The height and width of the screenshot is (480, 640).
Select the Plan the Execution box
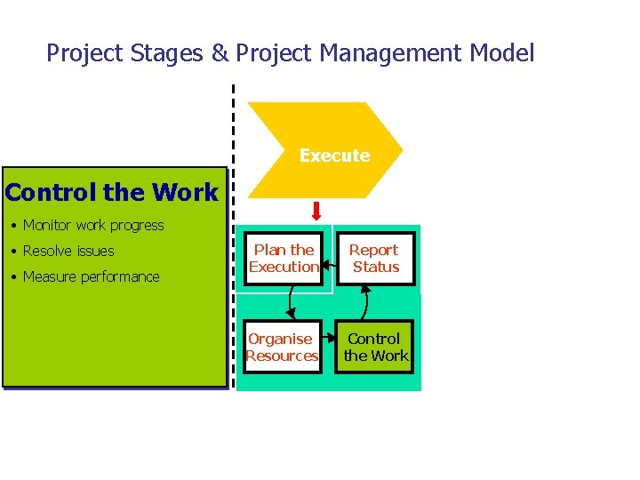click(284, 259)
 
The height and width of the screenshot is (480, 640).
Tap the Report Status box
click(375, 259)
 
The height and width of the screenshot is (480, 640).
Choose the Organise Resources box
click(282, 347)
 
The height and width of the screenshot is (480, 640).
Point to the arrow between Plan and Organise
click(289, 303)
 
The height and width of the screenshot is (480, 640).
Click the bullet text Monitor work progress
click(93, 226)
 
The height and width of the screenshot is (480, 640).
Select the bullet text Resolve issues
click(68, 251)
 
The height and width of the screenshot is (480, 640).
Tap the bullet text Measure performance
click(91, 276)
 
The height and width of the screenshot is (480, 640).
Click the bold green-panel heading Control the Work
click(112, 192)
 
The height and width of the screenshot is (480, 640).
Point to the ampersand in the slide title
click(220, 54)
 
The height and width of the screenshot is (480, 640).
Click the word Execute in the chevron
click(334, 156)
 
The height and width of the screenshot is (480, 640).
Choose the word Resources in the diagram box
click(282, 356)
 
